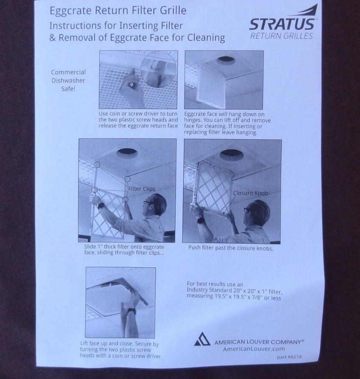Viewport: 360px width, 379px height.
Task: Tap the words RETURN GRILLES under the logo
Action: [282, 36]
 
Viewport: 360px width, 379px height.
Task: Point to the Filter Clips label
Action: [142, 188]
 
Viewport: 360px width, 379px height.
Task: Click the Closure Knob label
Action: [250, 193]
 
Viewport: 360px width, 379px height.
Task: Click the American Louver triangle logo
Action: [202, 340]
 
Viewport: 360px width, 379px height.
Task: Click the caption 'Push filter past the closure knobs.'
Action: [231, 248]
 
